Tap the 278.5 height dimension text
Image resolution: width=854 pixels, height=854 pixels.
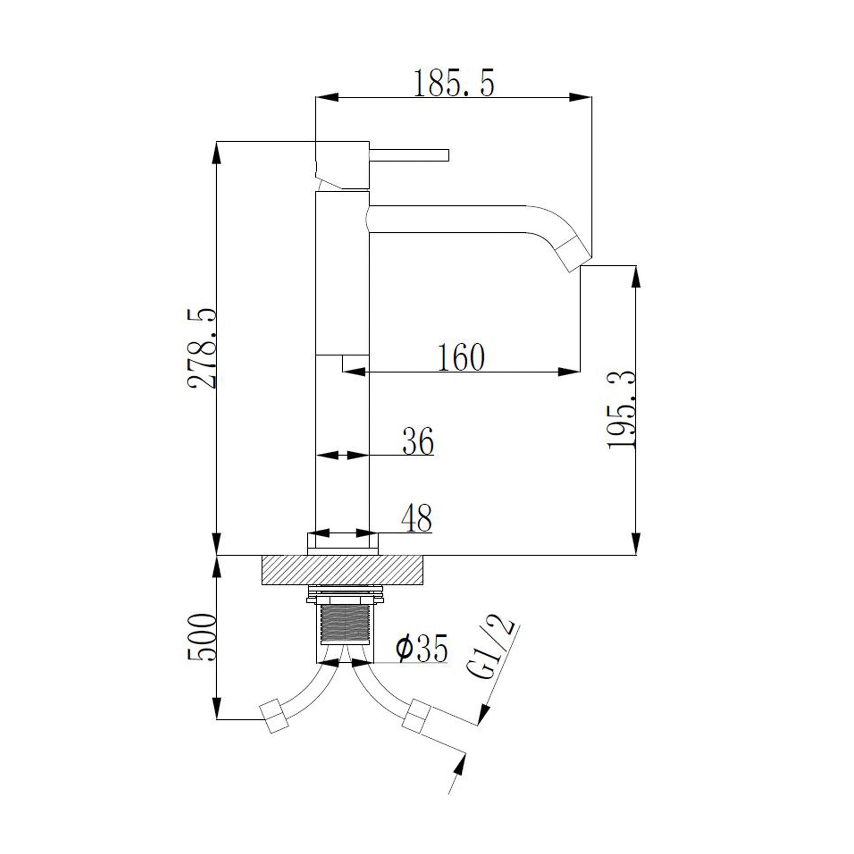[202, 348]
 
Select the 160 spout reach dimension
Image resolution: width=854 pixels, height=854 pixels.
[461, 357]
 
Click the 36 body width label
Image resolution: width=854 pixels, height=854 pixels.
[418, 441]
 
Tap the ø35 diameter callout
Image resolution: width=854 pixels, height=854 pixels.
[421, 648]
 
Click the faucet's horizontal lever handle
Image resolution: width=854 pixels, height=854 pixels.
[409, 155]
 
